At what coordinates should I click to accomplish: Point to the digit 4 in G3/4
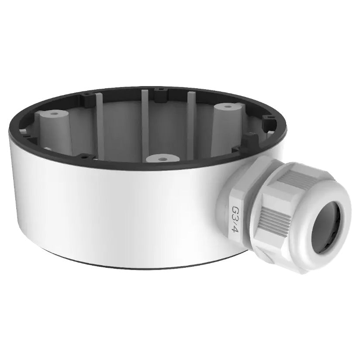point(236,229)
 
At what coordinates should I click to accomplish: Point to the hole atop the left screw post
point(54,114)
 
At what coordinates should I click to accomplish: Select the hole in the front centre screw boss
point(163,159)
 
